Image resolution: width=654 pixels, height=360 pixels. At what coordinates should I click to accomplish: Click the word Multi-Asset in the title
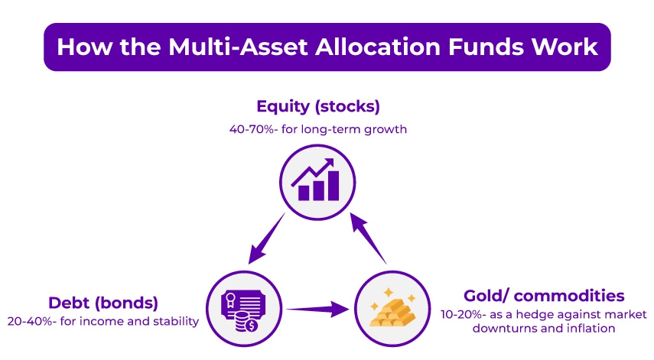point(216,47)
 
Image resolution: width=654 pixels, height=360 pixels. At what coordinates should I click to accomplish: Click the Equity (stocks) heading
point(318,106)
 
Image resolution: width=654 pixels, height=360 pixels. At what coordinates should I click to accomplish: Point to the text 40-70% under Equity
point(252,129)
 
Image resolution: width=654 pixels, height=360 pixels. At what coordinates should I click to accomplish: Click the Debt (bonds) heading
point(103,302)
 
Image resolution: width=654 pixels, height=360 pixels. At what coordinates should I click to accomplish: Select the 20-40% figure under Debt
point(29,321)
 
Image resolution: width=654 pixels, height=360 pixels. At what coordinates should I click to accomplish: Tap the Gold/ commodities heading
point(544,296)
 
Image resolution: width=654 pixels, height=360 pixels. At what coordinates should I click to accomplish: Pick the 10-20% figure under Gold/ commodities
point(462,314)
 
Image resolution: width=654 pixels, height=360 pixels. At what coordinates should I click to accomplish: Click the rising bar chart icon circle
point(317,180)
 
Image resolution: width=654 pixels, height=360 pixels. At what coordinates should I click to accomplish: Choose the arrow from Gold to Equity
point(370,238)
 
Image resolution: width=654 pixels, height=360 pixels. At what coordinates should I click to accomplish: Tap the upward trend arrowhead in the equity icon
point(332,163)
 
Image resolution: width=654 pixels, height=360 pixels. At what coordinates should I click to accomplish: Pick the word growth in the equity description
point(387,129)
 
